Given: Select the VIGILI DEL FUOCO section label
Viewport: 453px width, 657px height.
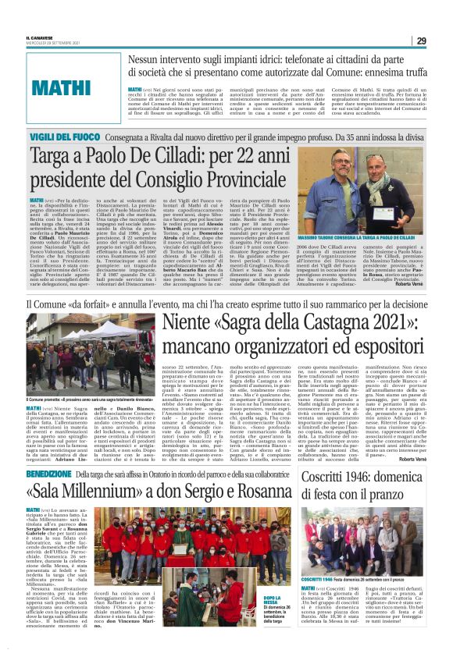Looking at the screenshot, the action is point(58,137).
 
